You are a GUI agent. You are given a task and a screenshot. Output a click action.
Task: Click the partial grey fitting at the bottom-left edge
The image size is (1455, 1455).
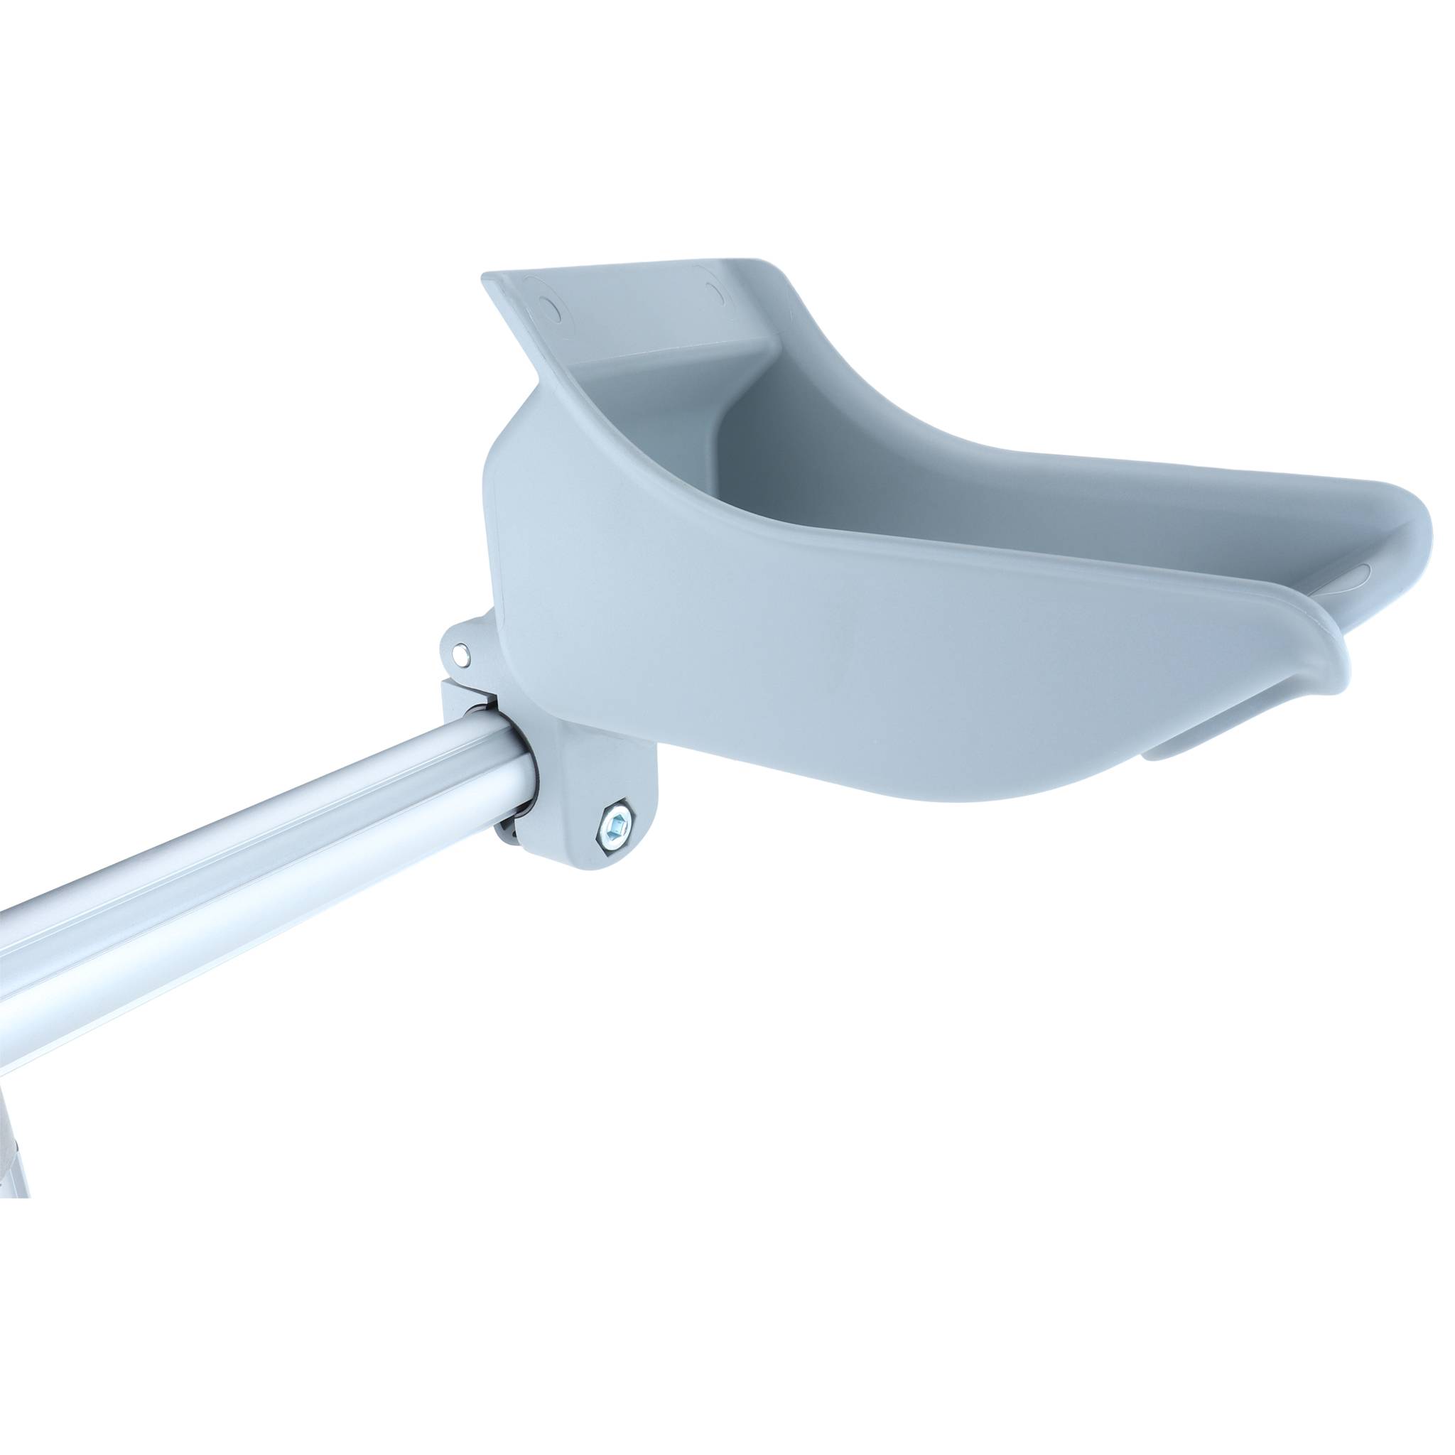[x=15, y=1145]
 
